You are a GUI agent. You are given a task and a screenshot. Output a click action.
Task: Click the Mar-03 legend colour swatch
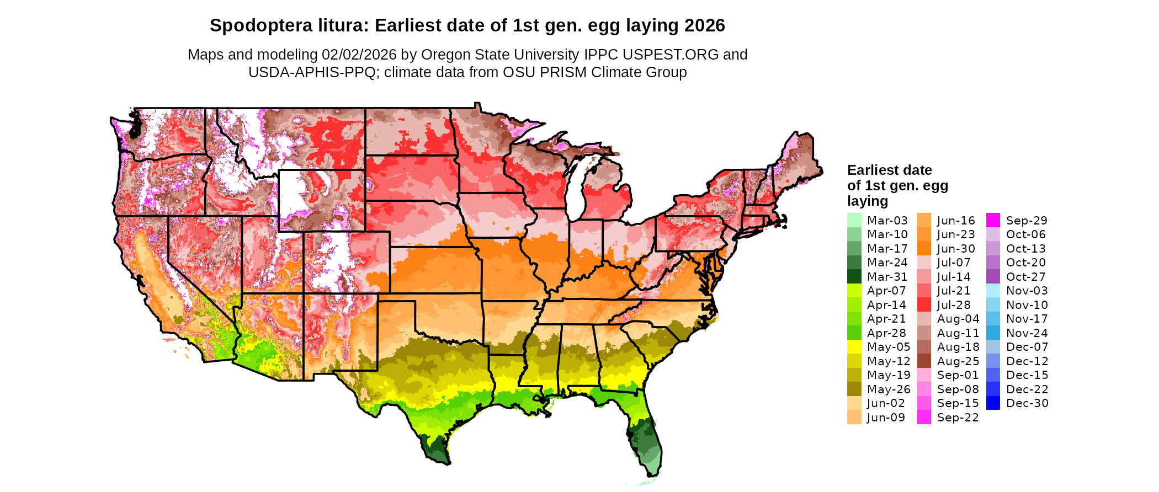[854, 220]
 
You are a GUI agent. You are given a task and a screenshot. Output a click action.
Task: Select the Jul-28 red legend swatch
[924, 304]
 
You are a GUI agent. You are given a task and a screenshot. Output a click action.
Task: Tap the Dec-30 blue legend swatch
[993, 403]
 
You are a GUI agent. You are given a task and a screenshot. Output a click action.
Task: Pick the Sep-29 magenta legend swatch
[993, 220]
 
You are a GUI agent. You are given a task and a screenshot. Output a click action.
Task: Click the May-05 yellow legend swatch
[854, 347]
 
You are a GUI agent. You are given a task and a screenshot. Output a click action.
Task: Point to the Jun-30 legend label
[956, 249]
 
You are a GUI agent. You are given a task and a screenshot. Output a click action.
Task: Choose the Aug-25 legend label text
[958, 361]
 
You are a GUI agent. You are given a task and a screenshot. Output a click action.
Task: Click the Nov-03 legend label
[1027, 291]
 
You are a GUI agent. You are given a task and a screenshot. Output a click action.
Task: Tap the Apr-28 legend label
[886, 333]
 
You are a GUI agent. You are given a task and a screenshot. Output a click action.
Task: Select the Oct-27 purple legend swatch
[993, 276]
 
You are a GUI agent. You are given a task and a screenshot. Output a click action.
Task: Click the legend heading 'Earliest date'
[889, 170]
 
